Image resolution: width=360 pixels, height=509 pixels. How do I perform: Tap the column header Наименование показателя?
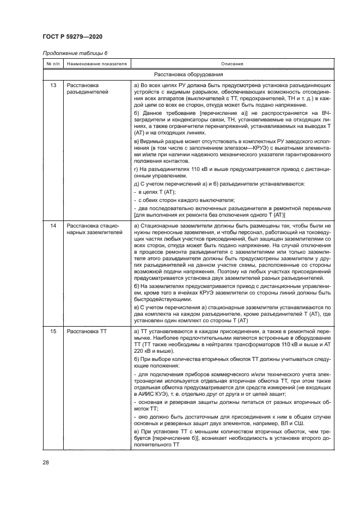96,64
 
